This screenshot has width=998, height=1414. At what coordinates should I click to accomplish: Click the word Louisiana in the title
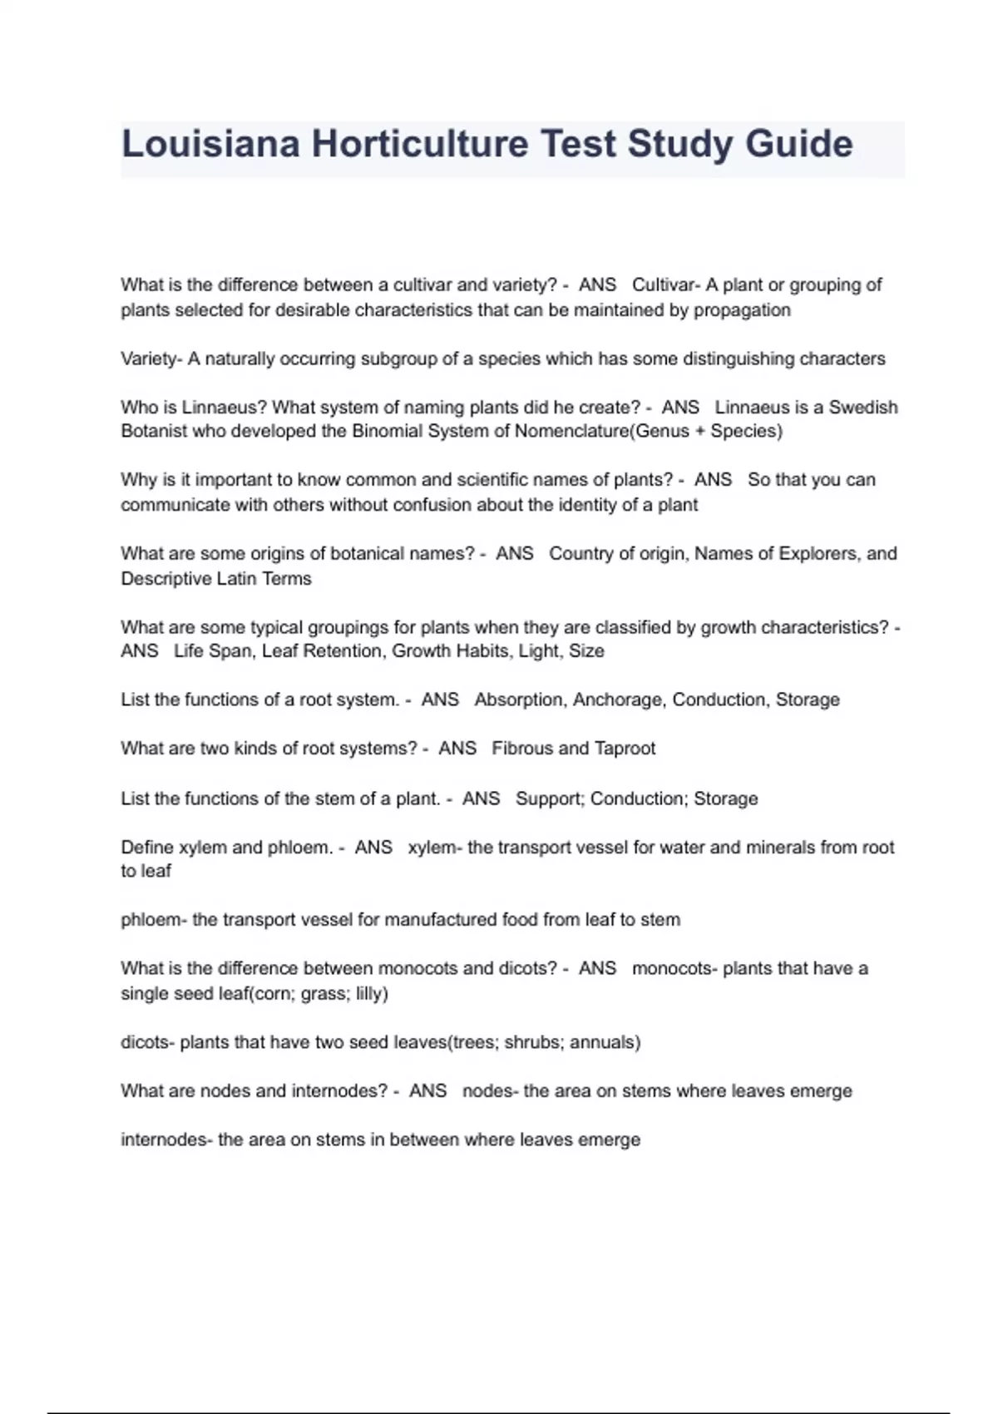210,144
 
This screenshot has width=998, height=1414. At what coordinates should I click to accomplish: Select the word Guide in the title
798,144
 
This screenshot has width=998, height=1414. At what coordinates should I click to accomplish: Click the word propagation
742,310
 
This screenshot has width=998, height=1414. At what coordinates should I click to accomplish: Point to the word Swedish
863,408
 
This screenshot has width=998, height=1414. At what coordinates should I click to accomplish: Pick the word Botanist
154,431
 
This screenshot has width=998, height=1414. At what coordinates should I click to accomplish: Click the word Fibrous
521,749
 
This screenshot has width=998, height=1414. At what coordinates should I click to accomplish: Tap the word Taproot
625,749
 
